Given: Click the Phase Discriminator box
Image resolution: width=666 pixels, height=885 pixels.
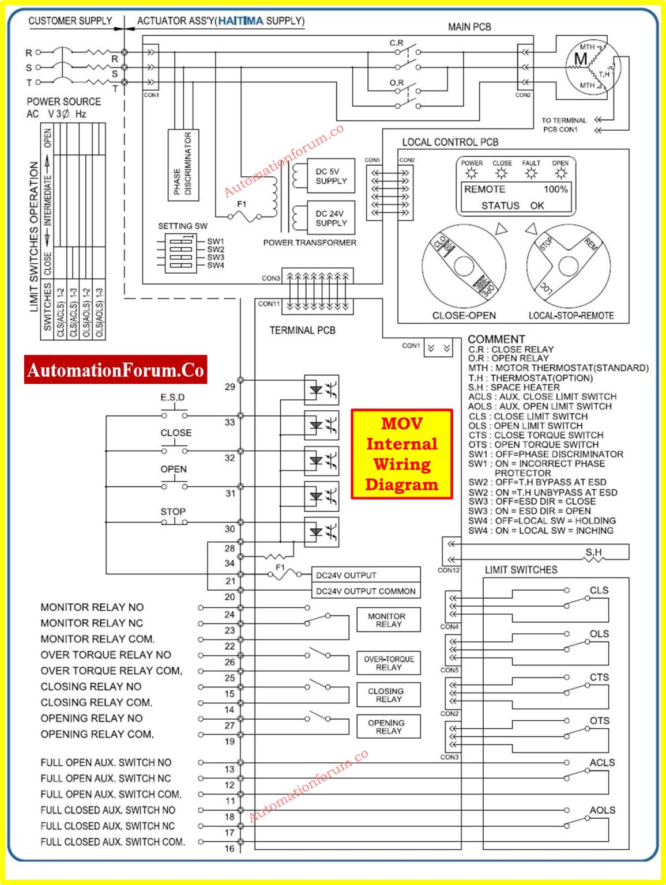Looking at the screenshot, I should [183, 165].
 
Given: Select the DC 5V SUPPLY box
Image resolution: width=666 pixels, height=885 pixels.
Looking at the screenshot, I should [331, 176].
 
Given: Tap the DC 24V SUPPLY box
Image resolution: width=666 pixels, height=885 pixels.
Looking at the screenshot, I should [331, 218].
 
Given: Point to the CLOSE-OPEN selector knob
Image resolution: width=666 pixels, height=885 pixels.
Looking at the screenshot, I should [464, 266].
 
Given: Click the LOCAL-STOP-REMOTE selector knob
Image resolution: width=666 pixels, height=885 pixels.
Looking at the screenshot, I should [568, 266].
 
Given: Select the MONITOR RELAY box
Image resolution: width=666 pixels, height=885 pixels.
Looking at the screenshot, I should [388, 620].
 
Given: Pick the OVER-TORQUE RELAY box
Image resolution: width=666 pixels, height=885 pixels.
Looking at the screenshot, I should [388, 663].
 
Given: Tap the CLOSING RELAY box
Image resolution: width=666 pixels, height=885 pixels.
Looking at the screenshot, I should [388, 695].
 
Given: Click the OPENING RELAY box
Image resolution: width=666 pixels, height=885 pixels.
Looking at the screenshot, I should [388, 727].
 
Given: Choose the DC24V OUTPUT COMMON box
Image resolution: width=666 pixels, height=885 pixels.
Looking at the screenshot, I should [366, 591].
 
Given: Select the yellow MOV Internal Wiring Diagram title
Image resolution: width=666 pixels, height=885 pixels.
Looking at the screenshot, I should [402, 454].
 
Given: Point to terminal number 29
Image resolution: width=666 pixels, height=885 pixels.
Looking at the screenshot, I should [230, 387].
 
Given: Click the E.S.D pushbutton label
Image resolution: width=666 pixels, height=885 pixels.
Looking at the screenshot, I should [172, 398].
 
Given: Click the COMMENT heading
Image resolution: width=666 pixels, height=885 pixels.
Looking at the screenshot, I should [496, 339].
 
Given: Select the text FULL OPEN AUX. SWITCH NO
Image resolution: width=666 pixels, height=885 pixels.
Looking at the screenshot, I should [106, 762].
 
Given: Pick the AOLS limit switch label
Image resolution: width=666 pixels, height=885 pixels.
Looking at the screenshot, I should [602, 810].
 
